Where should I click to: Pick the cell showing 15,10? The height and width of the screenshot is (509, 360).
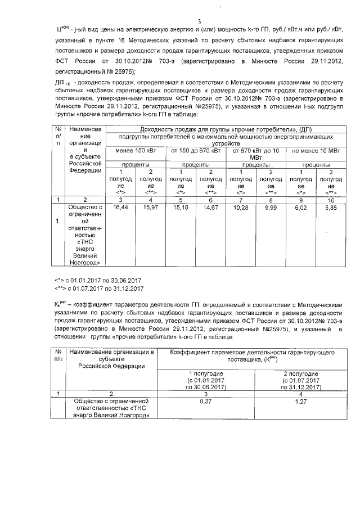click(179, 208)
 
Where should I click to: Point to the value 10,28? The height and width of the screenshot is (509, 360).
click(240, 208)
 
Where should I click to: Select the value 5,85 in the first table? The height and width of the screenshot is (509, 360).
click(331, 208)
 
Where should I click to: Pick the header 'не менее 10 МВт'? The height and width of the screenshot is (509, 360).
click(316, 151)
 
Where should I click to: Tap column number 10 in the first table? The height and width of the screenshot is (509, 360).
click(331, 199)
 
